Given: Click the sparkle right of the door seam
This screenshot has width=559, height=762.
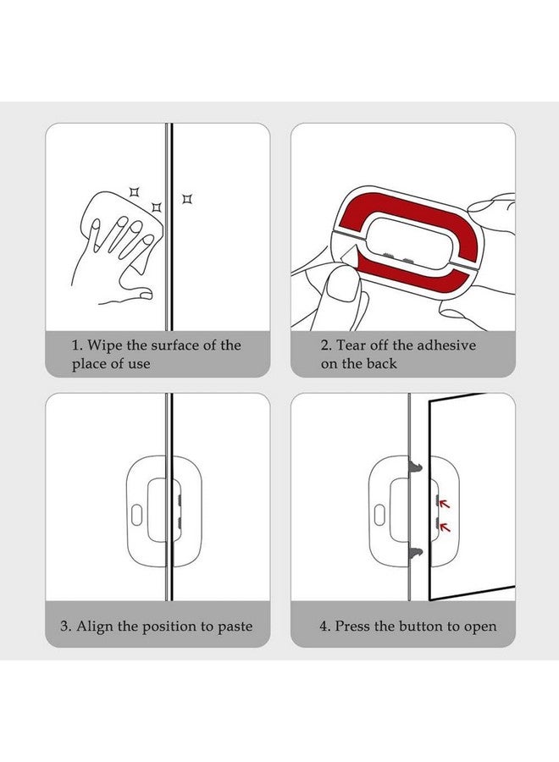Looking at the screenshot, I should pyautogui.click(x=187, y=199).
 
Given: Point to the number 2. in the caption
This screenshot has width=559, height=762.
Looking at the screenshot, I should pyautogui.click(x=325, y=345).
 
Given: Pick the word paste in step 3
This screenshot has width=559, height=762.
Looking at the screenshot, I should pyautogui.click(x=234, y=627).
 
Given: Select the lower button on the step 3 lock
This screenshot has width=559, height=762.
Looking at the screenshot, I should pyautogui.click(x=180, y=524).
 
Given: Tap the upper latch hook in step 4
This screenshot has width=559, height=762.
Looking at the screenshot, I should pyautogui.click(x=416, y=465).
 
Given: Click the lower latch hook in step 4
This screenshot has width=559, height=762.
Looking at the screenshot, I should pyautogui.click(x=416, y=553).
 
